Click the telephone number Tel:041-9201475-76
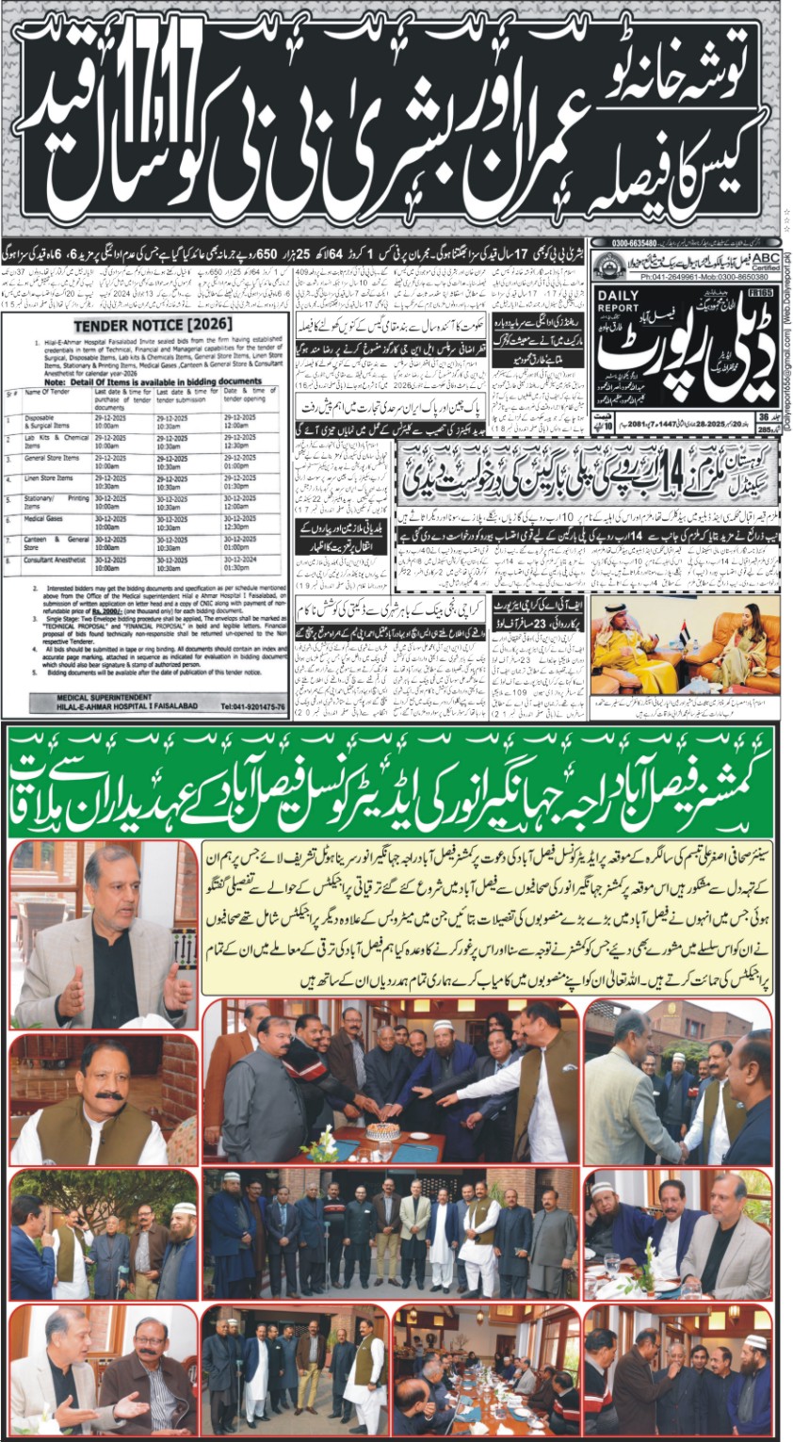(x=241, y=705)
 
